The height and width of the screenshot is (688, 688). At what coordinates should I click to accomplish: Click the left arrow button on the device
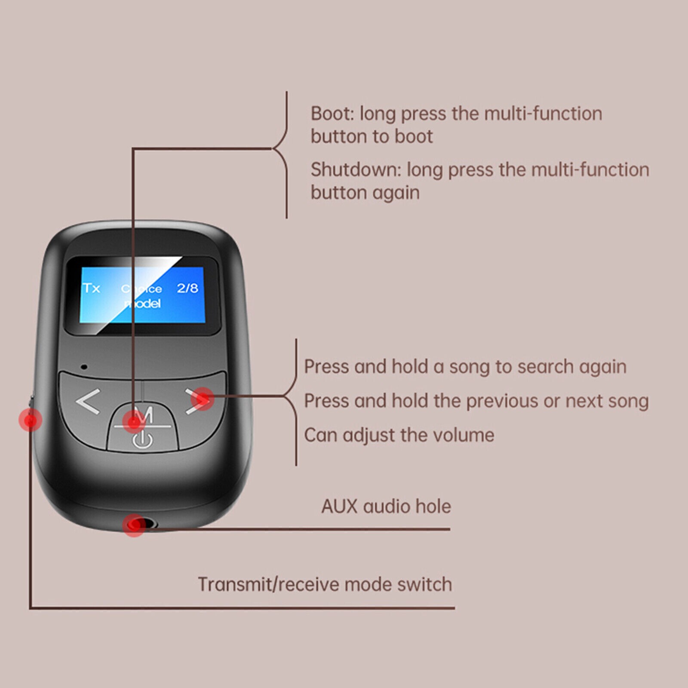click(88, 402)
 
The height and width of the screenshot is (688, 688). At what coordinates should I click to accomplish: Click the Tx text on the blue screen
click(91, 288)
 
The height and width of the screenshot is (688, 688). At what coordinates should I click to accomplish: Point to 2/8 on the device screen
click(187, 288)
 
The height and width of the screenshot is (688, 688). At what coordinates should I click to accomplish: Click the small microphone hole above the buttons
click(84, 367)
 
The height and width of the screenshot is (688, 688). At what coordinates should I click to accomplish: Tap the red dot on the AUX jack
click(134, 525)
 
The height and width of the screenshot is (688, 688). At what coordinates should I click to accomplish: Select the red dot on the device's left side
click(31, 419)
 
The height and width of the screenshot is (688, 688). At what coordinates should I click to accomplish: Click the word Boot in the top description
click(331, 114)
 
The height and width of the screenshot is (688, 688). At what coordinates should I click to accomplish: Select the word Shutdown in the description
click(355, 170)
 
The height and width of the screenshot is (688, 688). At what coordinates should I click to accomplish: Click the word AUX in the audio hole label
click(339, 507)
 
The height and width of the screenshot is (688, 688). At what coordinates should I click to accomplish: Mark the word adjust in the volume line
click(368, 436)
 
